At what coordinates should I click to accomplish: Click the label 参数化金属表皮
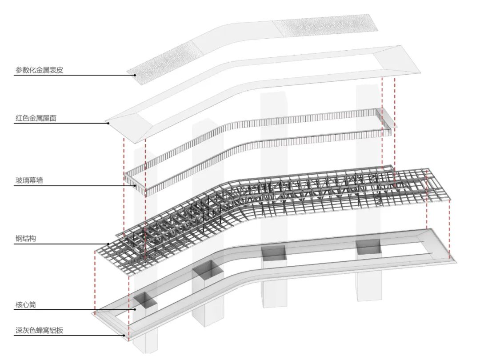click(x=40, y=70)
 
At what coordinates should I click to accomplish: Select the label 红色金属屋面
click(x=36, y=118)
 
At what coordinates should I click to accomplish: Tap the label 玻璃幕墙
click(x=29, y=180)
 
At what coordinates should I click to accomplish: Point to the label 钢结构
click(x=26, y=239)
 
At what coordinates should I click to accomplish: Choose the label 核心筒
click(x=26, y=305)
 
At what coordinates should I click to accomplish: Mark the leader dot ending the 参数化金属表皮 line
click(x=135, y=75)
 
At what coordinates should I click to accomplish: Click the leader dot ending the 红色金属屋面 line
click(x=108, y=123)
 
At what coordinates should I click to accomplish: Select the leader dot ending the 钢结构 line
click(x=108, y=244)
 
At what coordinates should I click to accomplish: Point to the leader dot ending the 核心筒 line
click(x=135, y=310)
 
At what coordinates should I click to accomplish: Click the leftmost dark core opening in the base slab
click(x=145, y=301)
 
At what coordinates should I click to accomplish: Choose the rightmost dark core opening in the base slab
click(x=368, y=247)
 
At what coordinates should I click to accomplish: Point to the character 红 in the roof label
click(x=19, y=118)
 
